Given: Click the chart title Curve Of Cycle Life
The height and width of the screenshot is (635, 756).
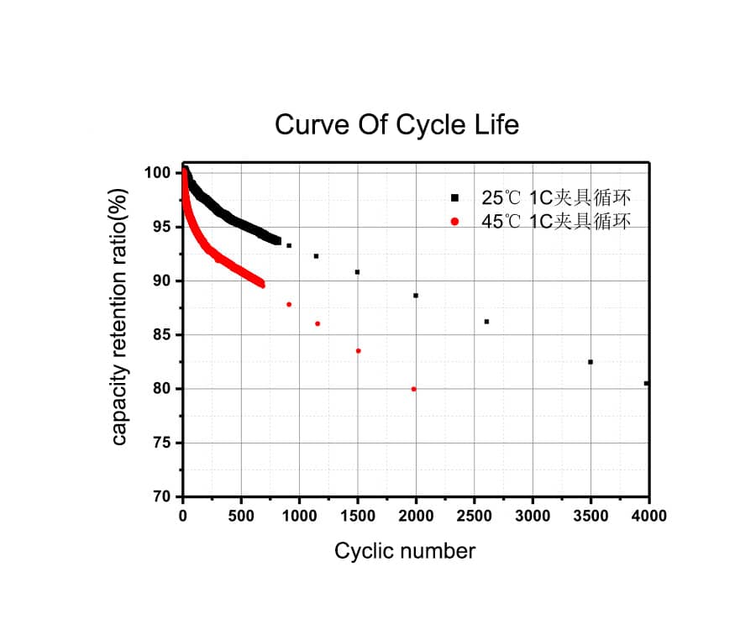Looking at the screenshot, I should tap(396, 125).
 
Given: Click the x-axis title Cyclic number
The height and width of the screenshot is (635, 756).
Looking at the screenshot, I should tap(404, 551).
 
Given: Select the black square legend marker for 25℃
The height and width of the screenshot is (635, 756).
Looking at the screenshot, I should tap(454, 197).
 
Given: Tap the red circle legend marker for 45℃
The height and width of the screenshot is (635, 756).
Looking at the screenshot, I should tap(454, 221).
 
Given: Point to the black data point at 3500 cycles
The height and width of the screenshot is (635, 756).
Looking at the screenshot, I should tap(591, 362).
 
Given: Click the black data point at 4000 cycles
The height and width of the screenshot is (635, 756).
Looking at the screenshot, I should tap(646, 383).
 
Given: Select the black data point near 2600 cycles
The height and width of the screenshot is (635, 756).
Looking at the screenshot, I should tap(486, 322).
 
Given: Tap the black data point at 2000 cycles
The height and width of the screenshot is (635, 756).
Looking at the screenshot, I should tap(416, 296).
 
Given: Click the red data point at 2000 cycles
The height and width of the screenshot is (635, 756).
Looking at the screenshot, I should tap(413, 389).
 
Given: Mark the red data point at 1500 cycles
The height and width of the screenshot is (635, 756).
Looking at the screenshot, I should tap(359, 351).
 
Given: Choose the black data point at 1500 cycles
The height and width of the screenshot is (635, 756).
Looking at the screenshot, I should tap(357, 272).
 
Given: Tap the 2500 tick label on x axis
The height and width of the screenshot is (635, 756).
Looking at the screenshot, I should tap(474, 516).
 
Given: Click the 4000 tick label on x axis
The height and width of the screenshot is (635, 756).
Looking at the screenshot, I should tap(648, 516).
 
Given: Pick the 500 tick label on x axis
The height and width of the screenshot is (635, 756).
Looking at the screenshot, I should tap(241, 516).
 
